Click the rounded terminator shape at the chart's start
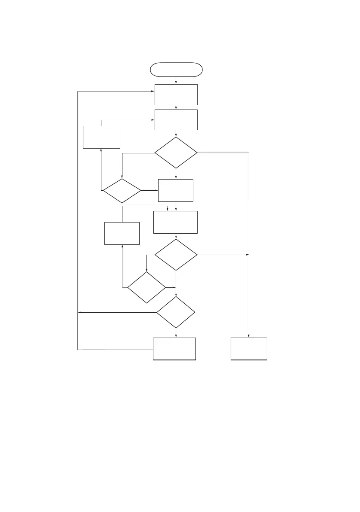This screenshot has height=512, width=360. [x=176, y=69]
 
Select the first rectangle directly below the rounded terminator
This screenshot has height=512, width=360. [x=176, y=94]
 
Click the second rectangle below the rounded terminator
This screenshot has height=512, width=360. [x=176, y=119]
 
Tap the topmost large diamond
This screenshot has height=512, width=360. [x=176, y=153]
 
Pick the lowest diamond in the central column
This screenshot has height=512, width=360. [x=176, y=312]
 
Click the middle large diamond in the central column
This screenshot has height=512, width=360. [x=176, y=255]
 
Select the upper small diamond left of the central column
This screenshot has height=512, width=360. [x=122, y=191]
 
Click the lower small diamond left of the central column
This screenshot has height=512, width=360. [x=146, y=287]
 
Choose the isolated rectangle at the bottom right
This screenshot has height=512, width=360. [x=249, y=349]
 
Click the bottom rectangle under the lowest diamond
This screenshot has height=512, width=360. [x=174, y=349]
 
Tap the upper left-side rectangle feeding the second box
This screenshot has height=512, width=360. [x=101, y=137]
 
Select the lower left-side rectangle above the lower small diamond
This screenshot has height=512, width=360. [x=122, y=233]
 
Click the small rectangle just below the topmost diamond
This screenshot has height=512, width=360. [x=176, y=190]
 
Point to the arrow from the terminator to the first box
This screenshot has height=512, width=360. [x=176, y=80]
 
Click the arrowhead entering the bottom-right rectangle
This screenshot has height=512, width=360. [x=249, y=335]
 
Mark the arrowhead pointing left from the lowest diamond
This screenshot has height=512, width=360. [x=79, y=313]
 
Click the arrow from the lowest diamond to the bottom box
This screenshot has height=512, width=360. [x=176, y=333]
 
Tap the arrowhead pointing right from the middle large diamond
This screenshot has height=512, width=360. [x=247, y=255]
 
